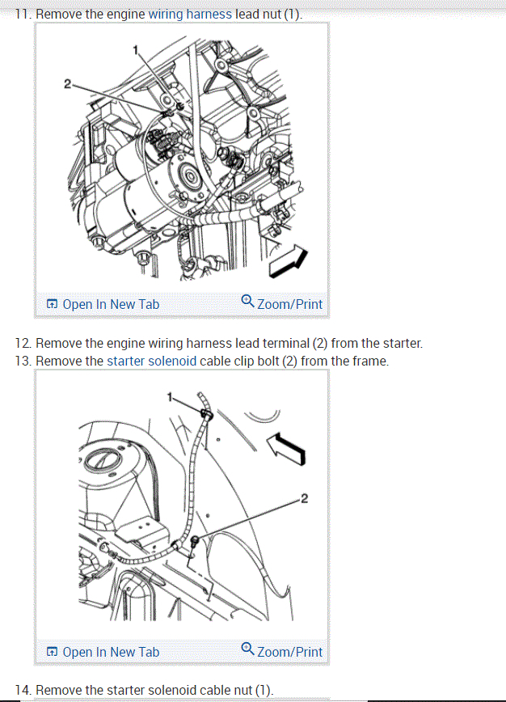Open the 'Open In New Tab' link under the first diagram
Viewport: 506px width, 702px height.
[x=103, y=304]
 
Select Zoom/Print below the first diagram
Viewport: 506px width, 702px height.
[x=289, y=304]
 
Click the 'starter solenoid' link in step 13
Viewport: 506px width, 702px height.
[x=152, y=361]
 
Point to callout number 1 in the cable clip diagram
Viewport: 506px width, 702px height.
[x=170, y=396]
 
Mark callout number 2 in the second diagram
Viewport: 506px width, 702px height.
[x=304, y=497]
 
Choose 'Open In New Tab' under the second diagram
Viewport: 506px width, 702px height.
[x=103, y=652]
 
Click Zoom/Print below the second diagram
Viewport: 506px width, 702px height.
[x=289, y=652]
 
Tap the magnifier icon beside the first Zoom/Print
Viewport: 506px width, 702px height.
[x=248, y=302]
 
